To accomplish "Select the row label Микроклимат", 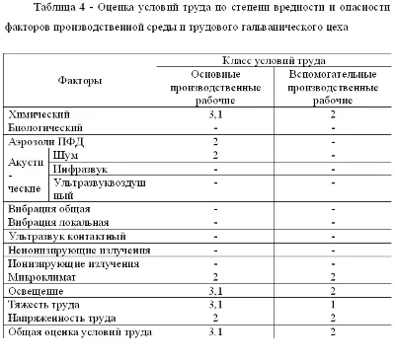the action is tap(42, 278).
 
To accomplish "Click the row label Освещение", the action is tap(39, 292).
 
